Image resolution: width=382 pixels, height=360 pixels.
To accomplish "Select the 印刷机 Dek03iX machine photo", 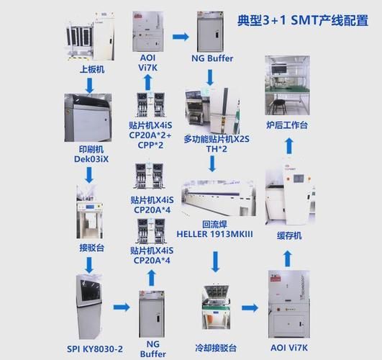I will click(88, 118).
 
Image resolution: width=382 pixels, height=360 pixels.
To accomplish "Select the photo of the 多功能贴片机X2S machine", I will click(212, 109).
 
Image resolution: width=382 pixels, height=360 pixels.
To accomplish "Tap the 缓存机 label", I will click(289, 235).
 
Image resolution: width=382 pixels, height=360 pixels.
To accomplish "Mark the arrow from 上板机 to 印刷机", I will click(88, 86).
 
